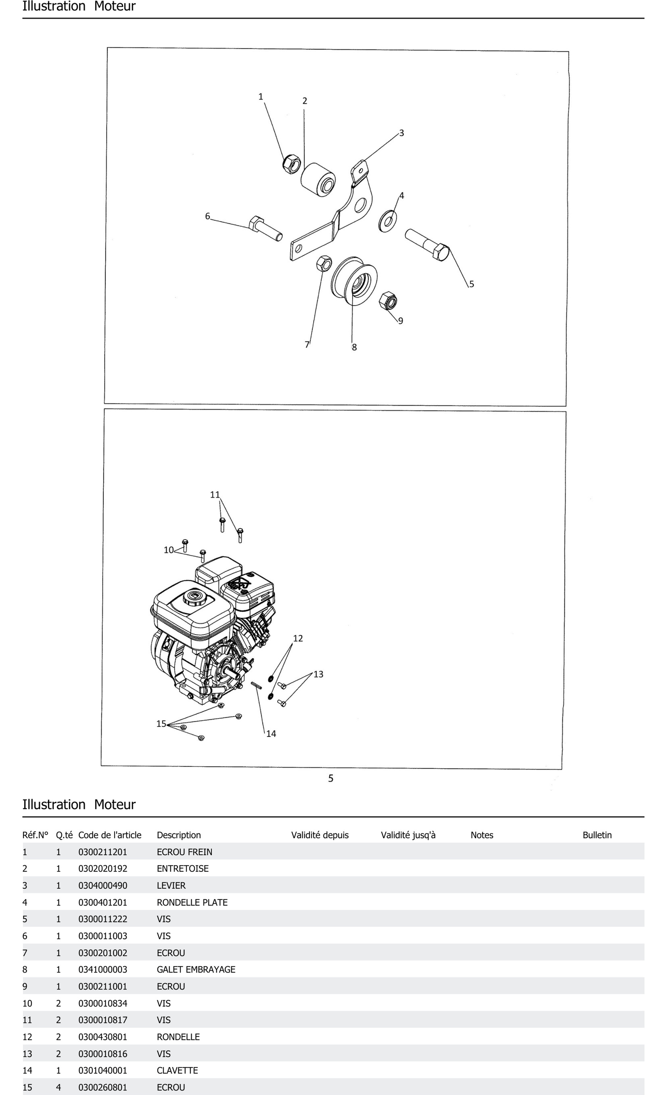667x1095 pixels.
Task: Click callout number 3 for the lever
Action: (x=401, y=133)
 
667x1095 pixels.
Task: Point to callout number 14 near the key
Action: (x=271, y=734)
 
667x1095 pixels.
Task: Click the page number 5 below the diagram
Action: (x=331, y=778)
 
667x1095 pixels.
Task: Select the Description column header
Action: (x=179, y=835)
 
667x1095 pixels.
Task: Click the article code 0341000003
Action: (x=102, y=969)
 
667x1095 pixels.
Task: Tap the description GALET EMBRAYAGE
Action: (x=196, y=969)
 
